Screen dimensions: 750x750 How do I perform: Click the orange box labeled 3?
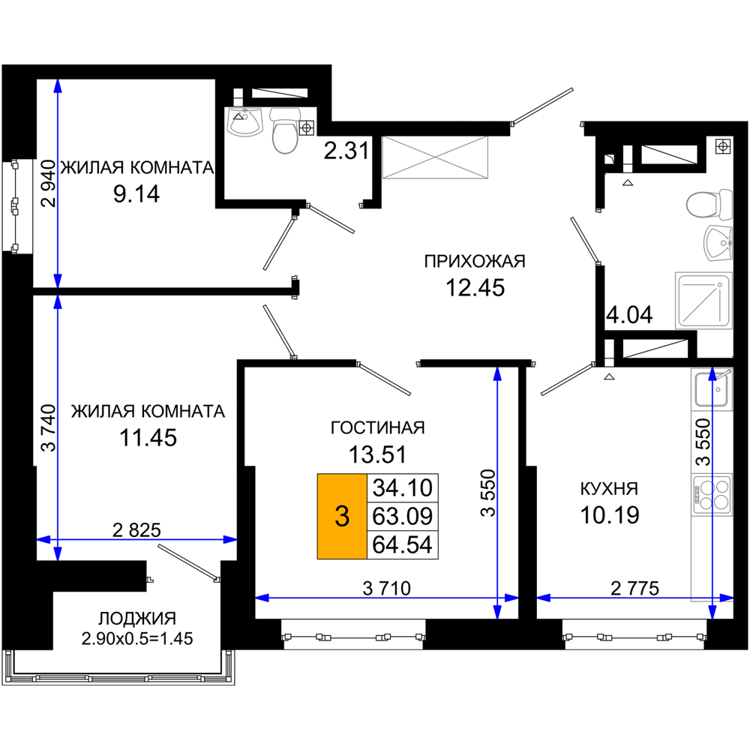point(342,516)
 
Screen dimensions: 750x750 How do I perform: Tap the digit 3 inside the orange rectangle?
point(342,516)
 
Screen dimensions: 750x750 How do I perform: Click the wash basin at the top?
point(244,122)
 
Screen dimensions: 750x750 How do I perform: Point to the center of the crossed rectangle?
point(436,158)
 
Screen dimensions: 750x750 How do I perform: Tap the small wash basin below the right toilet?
point(718,242)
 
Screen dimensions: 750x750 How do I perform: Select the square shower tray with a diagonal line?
point(703,300)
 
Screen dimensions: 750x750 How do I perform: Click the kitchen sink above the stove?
point(711,390)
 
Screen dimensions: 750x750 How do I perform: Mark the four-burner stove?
point(712,495)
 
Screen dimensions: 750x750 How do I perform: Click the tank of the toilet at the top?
point(285,115)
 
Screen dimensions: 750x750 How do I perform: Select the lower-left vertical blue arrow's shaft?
point(58,420)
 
